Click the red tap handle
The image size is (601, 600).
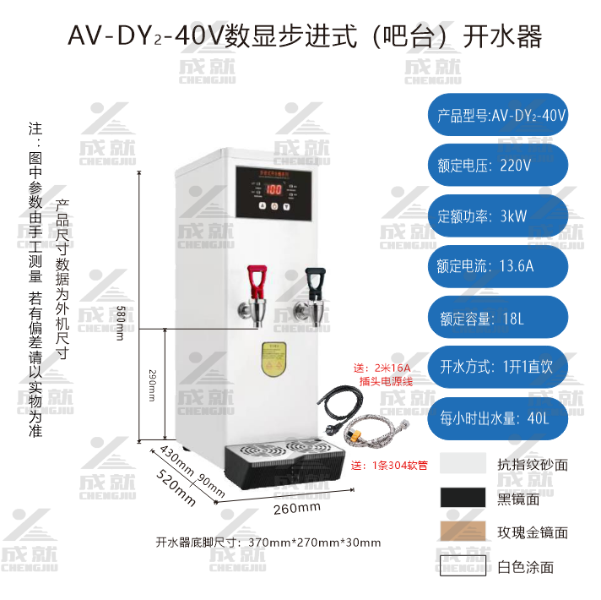256,278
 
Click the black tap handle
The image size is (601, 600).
316,278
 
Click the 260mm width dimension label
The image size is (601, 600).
298,507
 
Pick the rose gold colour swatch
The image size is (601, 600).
463,532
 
